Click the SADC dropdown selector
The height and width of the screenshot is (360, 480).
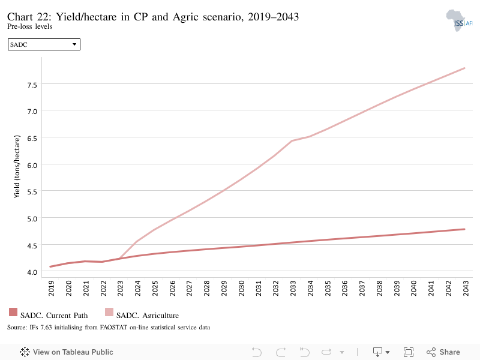[x=44, y=44]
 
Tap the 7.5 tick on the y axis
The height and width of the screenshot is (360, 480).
[x=32, y=85]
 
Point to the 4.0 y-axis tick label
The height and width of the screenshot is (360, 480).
[x=32, y=272]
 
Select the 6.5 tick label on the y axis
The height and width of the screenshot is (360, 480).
[x=32, y=139]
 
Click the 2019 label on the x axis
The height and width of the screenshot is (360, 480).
[x=51, y=288]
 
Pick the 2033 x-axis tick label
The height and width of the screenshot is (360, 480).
[x=293, y=288]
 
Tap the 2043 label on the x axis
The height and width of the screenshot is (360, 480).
[x=466, y=288]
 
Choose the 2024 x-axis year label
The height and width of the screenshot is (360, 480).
[x=137, y=288]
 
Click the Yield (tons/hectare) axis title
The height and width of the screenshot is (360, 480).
[x=17, y=167]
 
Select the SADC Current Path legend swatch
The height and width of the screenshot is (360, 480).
[x=13, y=312]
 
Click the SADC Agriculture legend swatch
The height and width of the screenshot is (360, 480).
[x=109, y=312]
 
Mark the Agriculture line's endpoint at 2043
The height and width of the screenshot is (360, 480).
[x=464, y=68]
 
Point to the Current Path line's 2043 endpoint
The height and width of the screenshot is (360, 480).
[x=464, y=229]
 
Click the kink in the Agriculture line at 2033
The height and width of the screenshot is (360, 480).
[x=292, y=141]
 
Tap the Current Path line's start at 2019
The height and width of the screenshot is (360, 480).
[x=50, y=266]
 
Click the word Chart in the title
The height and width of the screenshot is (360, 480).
[x=20, y=17]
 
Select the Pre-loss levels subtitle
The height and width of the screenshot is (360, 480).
[x=29, y=26]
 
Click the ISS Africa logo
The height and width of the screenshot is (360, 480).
[x=459, y=20]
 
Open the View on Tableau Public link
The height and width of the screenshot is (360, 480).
[x=67, y=352]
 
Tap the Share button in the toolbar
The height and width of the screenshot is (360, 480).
[x=443, y=352]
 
